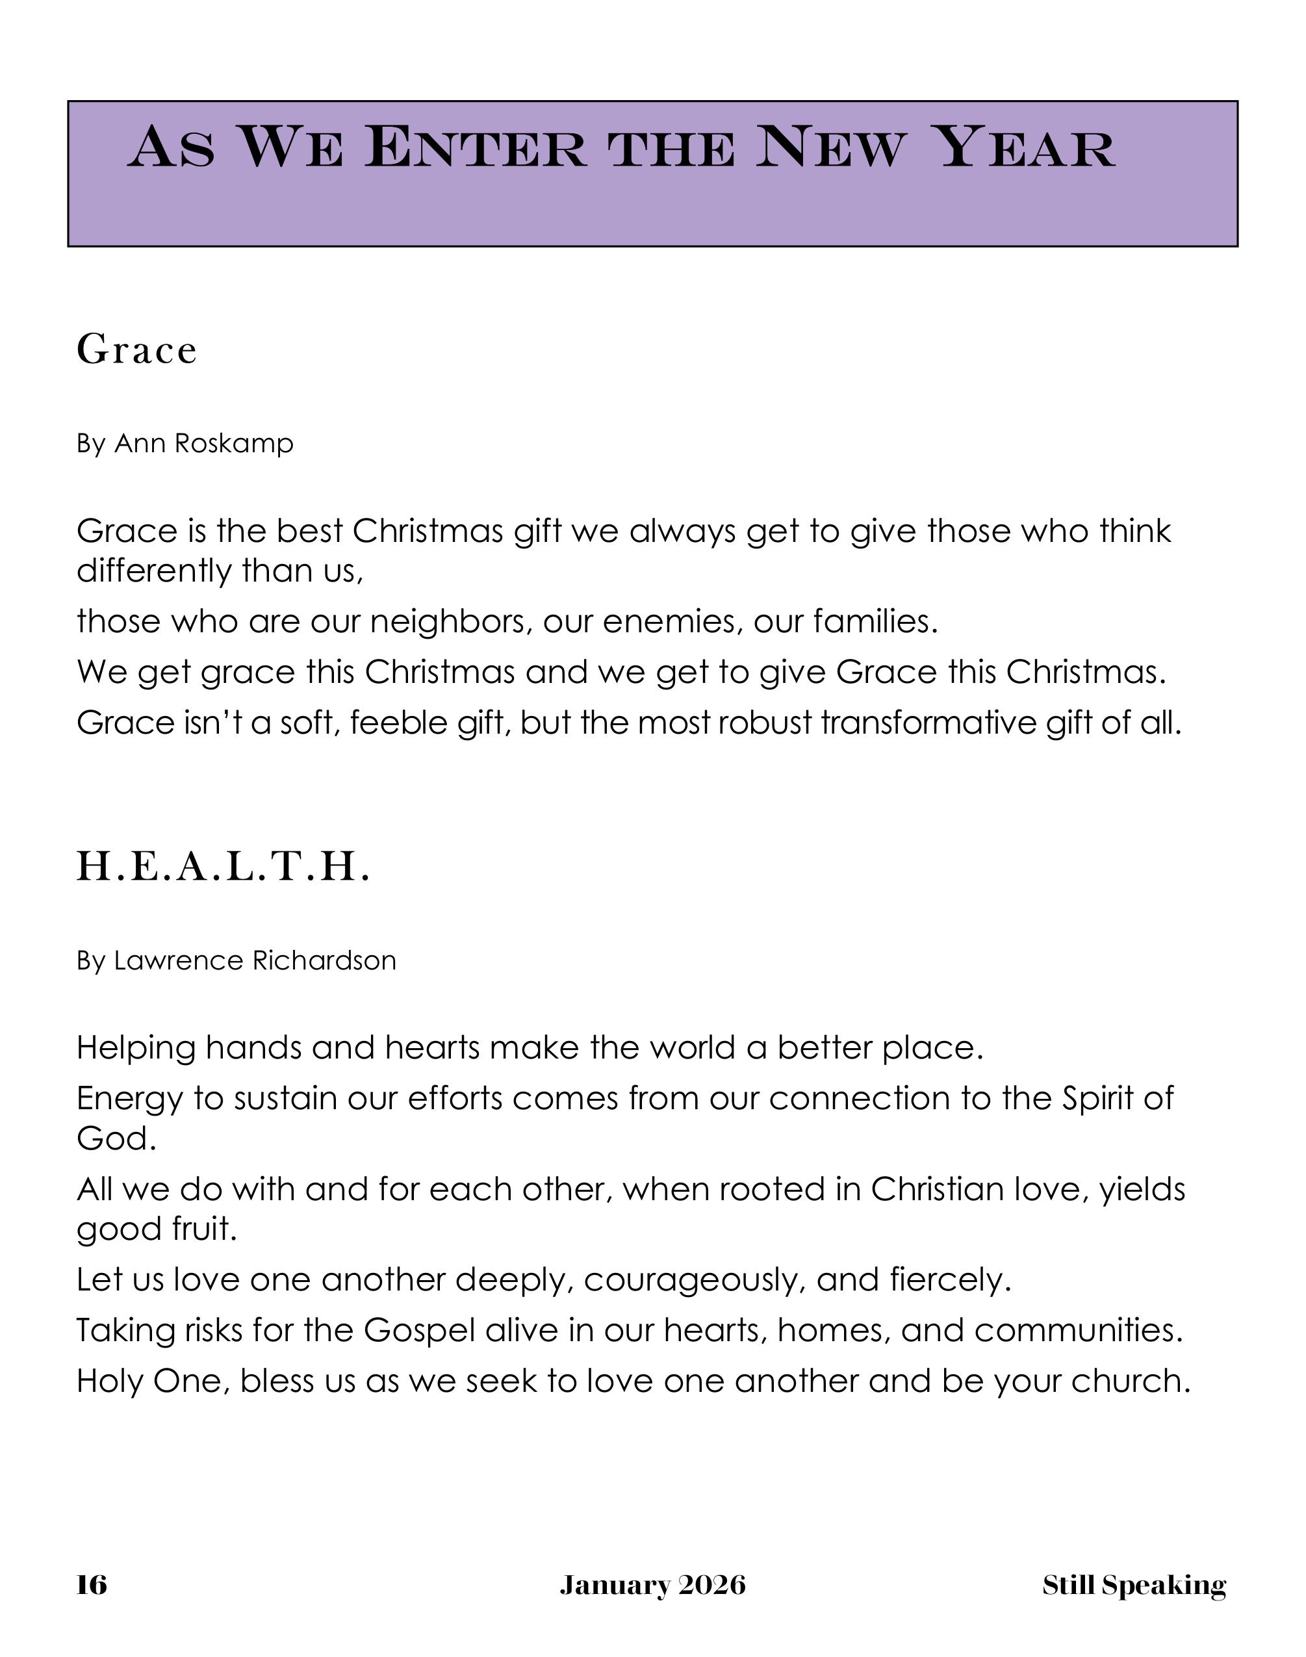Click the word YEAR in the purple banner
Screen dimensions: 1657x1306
1026,147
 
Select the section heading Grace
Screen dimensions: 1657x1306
137,350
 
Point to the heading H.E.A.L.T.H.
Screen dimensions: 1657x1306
224,867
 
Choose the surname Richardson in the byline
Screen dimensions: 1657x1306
324,960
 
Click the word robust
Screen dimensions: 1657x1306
765,723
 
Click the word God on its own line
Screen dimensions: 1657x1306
116,1139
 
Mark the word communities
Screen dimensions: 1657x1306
1078,1331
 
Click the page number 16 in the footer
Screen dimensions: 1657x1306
92,1585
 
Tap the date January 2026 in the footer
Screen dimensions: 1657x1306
652,1585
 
